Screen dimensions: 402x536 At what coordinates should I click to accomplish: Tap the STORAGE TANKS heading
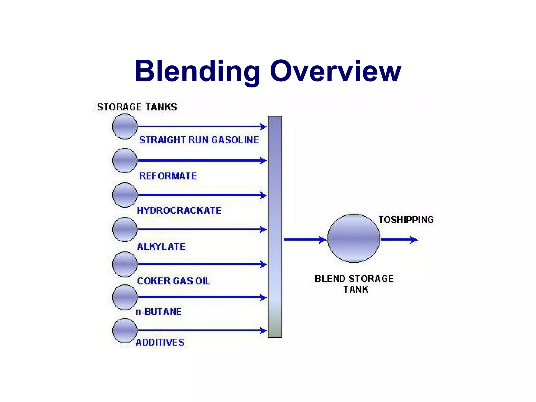pos(137,107)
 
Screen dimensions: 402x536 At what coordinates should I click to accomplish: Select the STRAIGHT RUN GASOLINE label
pos(199,140)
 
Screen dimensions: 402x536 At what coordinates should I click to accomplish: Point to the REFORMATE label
pos(168,176)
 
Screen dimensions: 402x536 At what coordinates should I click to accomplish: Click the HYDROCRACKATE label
pos(179,210)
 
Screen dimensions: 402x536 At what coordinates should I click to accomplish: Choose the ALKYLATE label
pos(161,247)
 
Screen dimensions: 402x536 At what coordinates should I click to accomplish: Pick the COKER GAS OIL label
pos(174,281)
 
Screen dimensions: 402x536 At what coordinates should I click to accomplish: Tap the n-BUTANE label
pos(159,312)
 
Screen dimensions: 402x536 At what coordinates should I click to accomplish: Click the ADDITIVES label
pos(160,342)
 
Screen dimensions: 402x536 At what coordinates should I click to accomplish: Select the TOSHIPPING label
pos(406,220)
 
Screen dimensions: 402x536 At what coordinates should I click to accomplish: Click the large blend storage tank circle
pos(354,238)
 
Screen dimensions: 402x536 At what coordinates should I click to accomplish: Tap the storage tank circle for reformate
pos(125,160)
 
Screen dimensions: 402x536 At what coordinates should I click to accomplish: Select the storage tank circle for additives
pos(125,331)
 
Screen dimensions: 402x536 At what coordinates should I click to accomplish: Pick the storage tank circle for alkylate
pos(125,229)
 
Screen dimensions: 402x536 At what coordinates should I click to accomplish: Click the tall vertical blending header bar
pos(275,227)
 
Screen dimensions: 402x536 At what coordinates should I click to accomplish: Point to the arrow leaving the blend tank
pos(399,239)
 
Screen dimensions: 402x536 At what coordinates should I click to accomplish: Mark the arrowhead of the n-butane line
pos(263,297)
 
